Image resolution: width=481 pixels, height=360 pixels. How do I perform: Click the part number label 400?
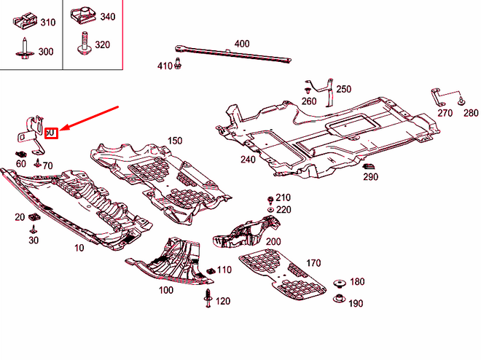[x=241, y=44]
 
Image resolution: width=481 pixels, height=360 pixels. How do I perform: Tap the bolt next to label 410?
[x=178, y=66]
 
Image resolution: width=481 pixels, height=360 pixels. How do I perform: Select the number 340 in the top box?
[x=107, y=16]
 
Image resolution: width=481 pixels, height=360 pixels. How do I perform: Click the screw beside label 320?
[x=82, y=43]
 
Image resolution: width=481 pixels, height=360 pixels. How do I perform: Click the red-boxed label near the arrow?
[x=51, y=133]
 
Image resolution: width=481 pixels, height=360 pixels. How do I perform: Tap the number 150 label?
[x=175, y=140]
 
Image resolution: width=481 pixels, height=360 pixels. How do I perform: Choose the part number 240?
[x=248, y=160]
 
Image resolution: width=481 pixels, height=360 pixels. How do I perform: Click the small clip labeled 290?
[x=368, y=168]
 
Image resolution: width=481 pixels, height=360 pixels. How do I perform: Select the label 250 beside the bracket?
[x=343, y=89]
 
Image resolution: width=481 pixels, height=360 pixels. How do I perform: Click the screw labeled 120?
[x=208, y=298]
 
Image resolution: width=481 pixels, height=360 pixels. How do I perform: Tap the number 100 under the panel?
[x=166, y=290]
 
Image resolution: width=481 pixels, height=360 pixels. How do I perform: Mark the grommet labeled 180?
[x=339, y=283]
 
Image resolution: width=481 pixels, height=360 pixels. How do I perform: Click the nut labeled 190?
[x=339, y=300]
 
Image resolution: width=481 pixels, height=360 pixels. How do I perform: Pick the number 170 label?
[x=313, y=263]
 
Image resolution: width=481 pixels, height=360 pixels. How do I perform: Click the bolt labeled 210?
[x=270, y=198]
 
